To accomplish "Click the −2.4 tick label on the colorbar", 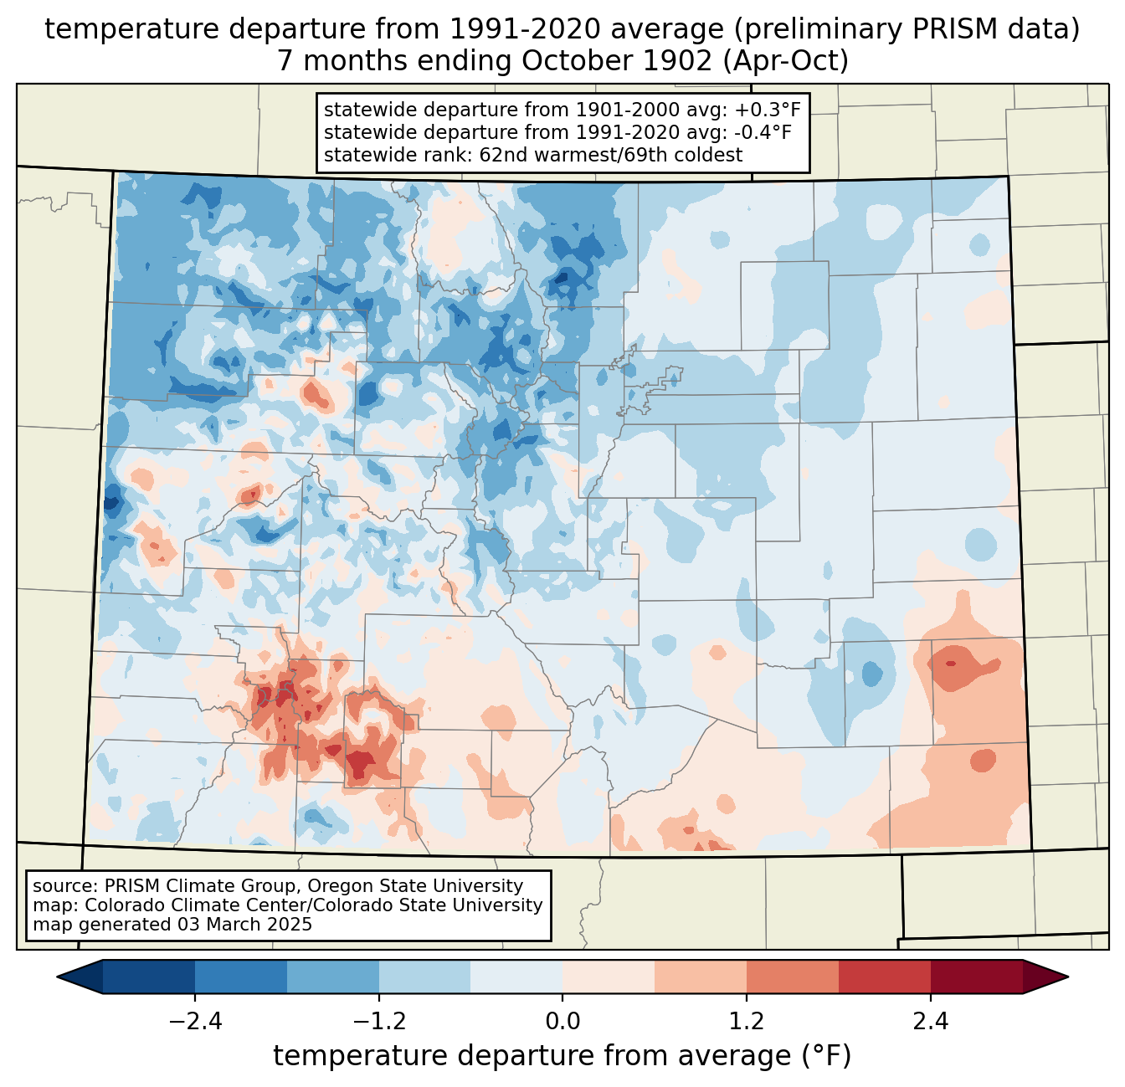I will (x=195, y=1022).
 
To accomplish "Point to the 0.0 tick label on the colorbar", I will (x=562, y=1022).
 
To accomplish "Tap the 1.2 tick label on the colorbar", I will (x=747, y=1022).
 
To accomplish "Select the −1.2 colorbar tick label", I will (x=379, y=1022).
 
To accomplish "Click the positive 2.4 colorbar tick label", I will (x=930, y=1022).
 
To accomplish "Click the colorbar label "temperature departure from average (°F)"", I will (x=562, y=1056).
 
